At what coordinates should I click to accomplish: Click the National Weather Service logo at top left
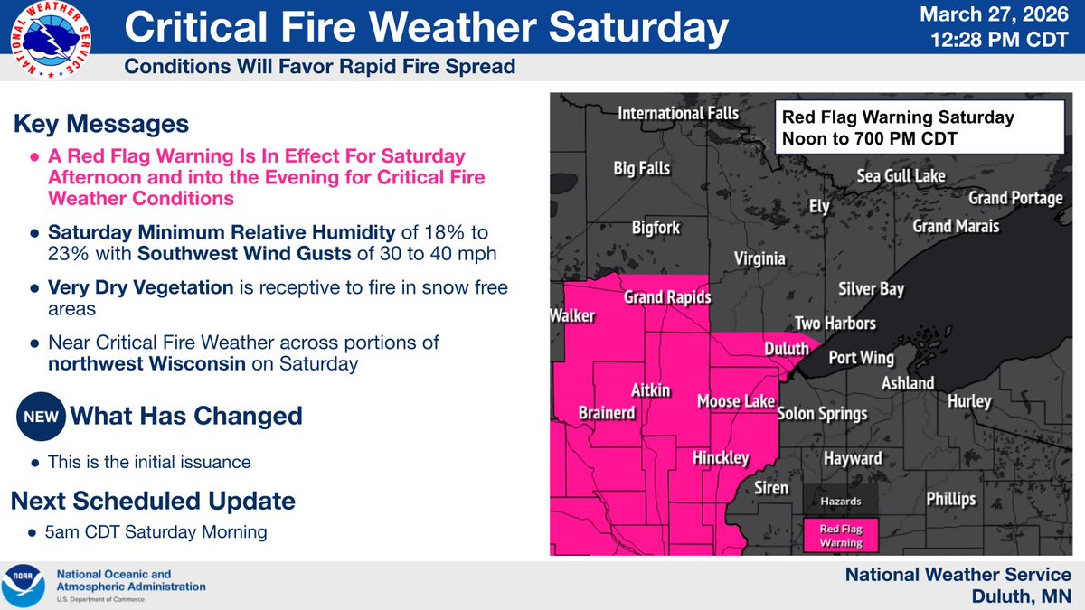pyautogui.click(x=52, y=42)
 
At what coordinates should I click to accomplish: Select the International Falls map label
pyautogui.click(x=678, y=114)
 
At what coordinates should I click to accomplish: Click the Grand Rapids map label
pyautogui.click(x=667, y=297)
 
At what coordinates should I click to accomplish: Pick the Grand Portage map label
pyautogui.click(x=1015, y=198)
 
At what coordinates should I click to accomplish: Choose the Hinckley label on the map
pyautogui.click(x=721, y=458)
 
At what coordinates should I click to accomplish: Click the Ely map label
pyautogui.click(x=818, y=207)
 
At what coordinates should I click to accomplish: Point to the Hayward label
pyautogui.click(x=852, y=458)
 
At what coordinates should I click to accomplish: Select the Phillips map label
pyautogui.click(x=951, y=499)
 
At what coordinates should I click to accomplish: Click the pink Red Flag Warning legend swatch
pyautogui.click(x=841, y=534)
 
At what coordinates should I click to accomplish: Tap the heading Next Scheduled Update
pyautogui.click(x=153, y=500)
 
